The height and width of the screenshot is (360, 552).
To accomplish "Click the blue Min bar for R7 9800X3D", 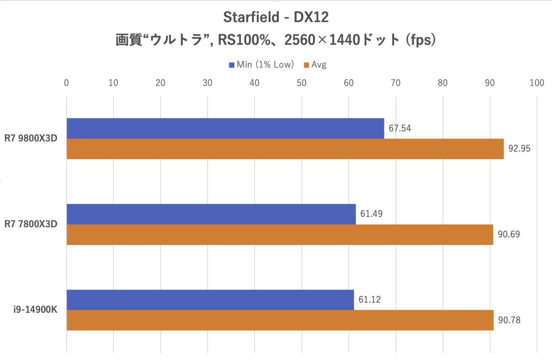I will (x=225, y=128).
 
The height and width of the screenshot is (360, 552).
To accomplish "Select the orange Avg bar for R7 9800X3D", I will (x=285, y=149).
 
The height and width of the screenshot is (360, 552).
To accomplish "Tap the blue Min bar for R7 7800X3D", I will (x=211, y=214).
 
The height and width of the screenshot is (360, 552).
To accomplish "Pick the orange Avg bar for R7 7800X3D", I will (x=280, y=234).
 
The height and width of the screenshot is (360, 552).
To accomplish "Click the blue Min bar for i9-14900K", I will (x=210, y=300).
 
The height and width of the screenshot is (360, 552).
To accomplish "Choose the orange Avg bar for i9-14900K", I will (x=280, y=320).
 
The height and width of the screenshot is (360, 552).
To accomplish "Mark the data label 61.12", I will (x=370, y=300).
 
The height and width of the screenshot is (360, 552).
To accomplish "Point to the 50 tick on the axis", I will (x=301, y=83).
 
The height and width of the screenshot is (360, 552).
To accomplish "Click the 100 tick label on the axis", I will (x=536, y=83).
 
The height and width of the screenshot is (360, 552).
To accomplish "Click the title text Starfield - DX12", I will (x=276, y=17).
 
